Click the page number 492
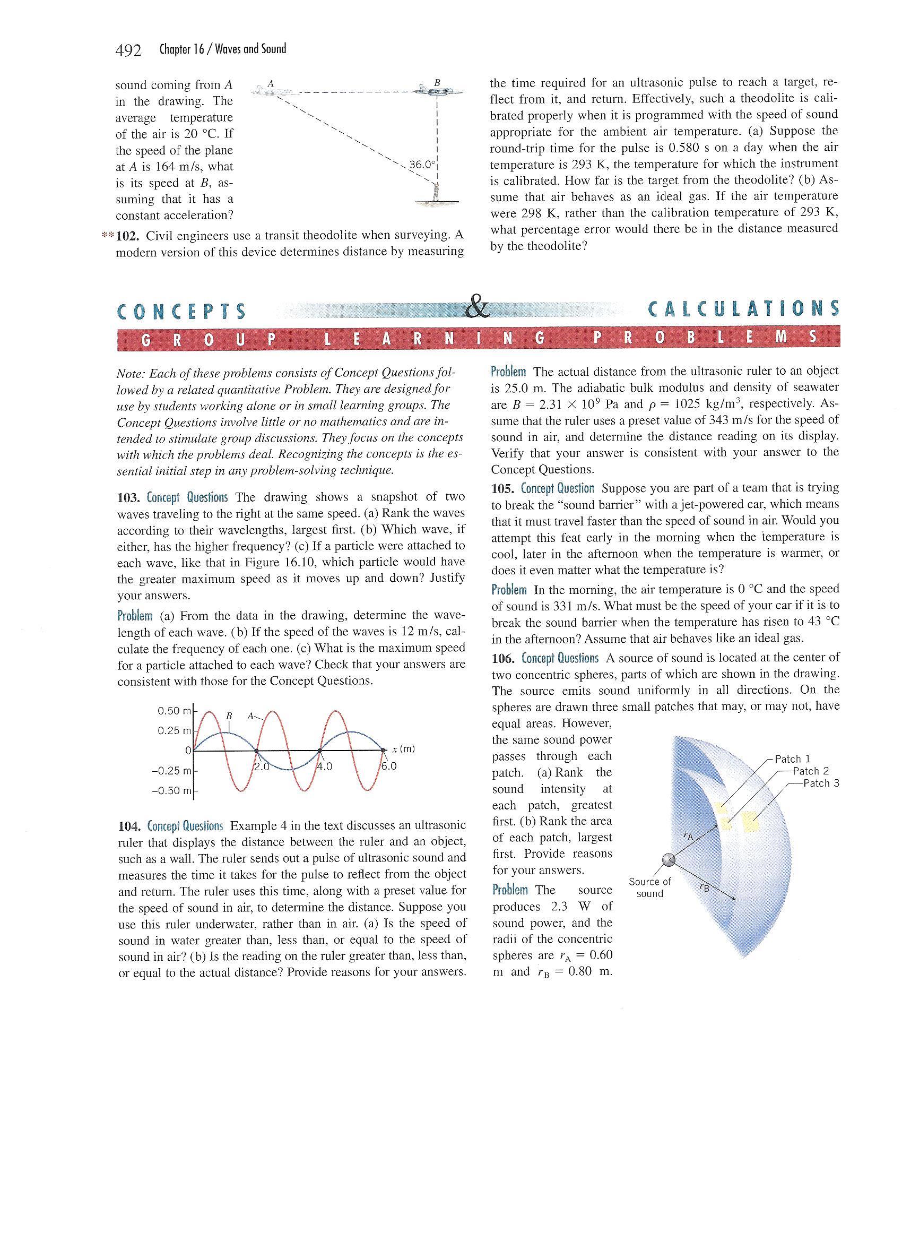(x=128, y=50)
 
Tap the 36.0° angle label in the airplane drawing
(x=421, y=163)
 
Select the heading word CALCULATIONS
(x=743, y=309)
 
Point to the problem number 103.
(x=129, y=498)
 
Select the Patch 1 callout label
(x=792, y=759)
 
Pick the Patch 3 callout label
(x=820, y=783)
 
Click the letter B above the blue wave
(x=229, y=716)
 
